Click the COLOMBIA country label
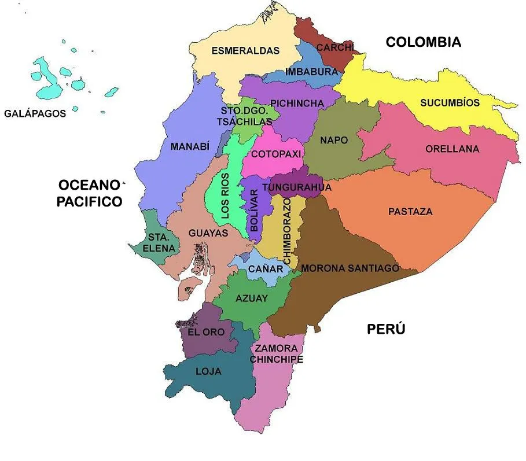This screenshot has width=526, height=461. pyautogui.click(x=423, y=42)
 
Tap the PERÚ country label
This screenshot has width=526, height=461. pyautogui.click(x=386, y=330)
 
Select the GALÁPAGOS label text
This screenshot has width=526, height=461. pyautogui.click(x=35, y=114)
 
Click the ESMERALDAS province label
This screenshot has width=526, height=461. pyautogui.click(x=245, y=51)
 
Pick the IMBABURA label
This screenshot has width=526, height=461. pyautogui.click(x=311, y=72)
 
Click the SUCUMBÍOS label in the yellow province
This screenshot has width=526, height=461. pyautogui.click(x=450, y=103)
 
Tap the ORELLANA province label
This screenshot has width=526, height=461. pyautogui.click(x=452, y=149)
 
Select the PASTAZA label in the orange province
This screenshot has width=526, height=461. pyautogui.click(x=410, y=212)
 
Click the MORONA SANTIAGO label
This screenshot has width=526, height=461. pyautogui.click(x=350, y=268)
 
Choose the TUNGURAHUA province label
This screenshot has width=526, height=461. pyautogui.click(x=296, y=187)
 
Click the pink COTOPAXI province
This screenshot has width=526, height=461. pyautogui.click(x=276, y=154)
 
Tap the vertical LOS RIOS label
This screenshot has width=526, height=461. pyautogui.click(x=225, y=196)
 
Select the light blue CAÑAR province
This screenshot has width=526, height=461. pyautogui.click(x=266, y=269)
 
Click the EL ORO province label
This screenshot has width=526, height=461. pyautogui.click(x=206, y=333)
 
